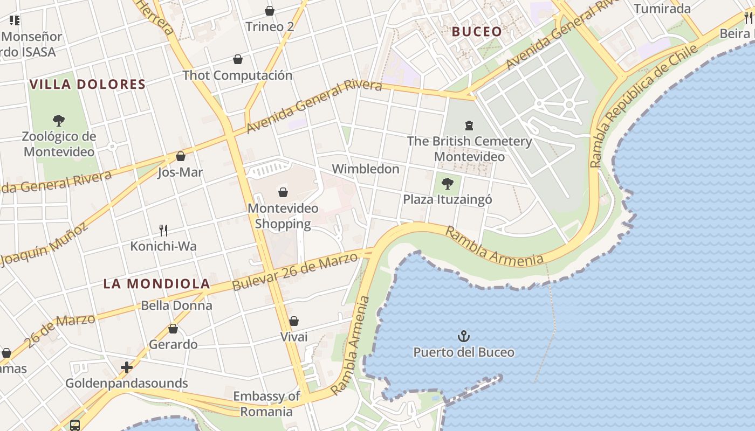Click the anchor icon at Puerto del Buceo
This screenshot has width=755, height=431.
coord(464,337)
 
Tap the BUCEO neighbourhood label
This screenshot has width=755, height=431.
coord(477,32)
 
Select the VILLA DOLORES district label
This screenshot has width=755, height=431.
coord(87,85)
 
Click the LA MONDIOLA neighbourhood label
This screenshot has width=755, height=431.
coord(156,284)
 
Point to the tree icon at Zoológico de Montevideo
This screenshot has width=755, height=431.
coord(59,121)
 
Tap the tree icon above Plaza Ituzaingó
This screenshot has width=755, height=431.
coord(447,184)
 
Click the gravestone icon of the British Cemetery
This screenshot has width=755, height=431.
coord(469,126)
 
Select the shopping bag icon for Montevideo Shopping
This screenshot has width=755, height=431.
coord(283,192)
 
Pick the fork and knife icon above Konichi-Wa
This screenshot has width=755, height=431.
coord(163,231)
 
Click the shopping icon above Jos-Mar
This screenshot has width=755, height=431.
coord(180,157)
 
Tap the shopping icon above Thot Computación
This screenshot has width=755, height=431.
coord(237,59)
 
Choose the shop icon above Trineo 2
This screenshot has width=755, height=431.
coord(269,11)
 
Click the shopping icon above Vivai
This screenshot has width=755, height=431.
coord(293,322)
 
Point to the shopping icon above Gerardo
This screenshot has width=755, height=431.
coord(173,329)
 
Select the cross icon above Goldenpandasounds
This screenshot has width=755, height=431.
coord(127,367)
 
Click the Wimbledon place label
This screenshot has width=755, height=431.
coord(365,169)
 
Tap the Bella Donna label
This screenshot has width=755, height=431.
coord(176,306)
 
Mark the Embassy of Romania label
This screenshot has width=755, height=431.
coord(266,404)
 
